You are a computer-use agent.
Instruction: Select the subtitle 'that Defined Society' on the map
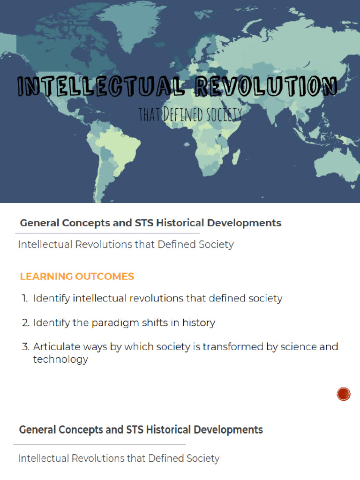[x=190, y=115]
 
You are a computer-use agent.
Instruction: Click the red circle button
[x=344, y=394]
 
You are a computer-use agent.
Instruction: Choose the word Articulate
[x=54, y=347]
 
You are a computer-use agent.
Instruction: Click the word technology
[x=60, y=360]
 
